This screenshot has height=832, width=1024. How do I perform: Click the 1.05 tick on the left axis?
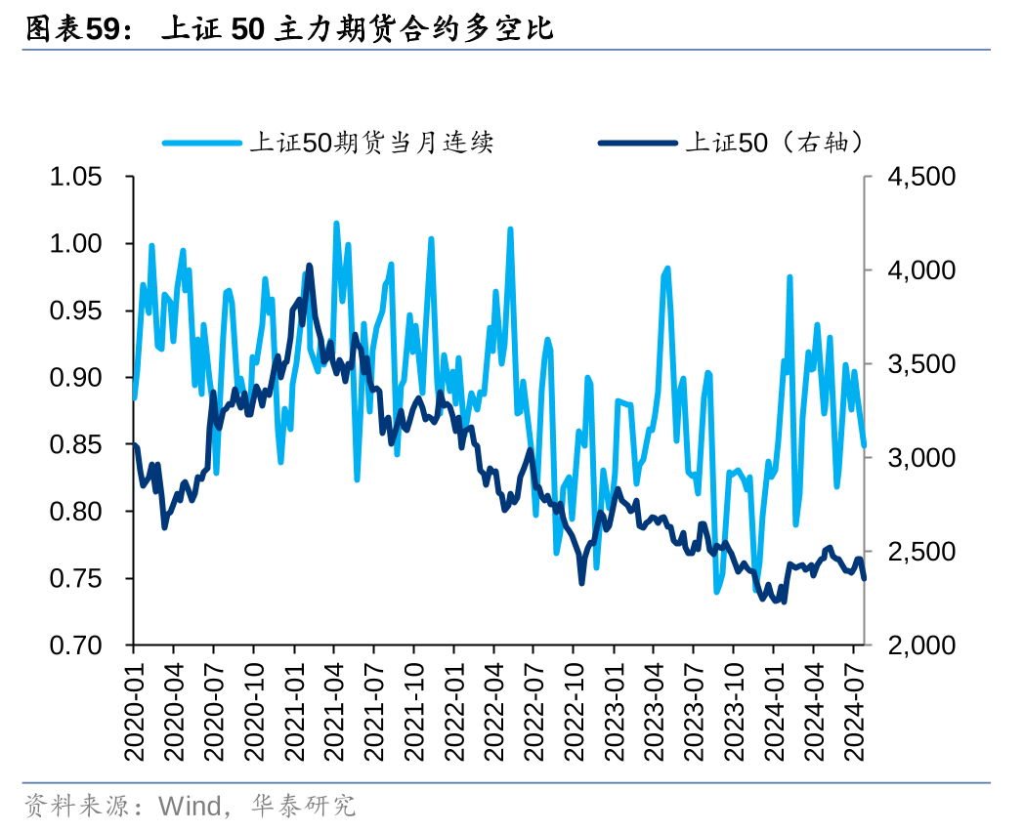[x=75, y=177]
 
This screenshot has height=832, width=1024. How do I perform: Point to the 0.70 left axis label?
[x=75, y=645]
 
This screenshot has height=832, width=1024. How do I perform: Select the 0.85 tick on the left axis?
[x=75, y=444]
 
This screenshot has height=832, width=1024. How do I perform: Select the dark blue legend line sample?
[x=636, y=144]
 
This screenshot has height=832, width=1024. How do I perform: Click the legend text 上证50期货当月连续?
[x=371, y=144]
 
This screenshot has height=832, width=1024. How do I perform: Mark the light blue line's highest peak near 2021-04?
[x=336, y=224]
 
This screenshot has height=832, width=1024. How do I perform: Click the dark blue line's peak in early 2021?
[x=310, y=266]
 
